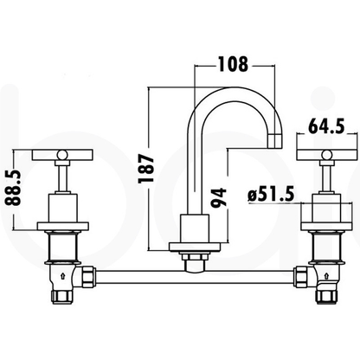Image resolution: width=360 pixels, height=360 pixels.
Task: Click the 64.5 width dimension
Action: pos(328,125)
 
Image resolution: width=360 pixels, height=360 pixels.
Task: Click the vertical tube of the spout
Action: pos(188,173)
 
